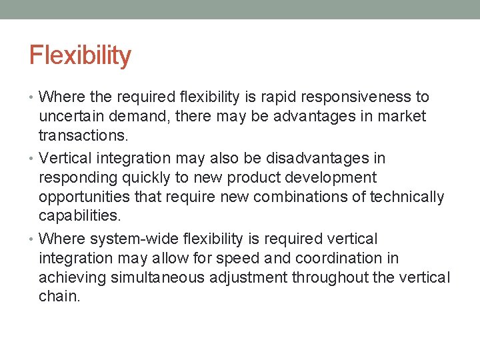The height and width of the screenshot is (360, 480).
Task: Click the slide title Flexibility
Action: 80,55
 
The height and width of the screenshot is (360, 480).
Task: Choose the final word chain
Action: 59,297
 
